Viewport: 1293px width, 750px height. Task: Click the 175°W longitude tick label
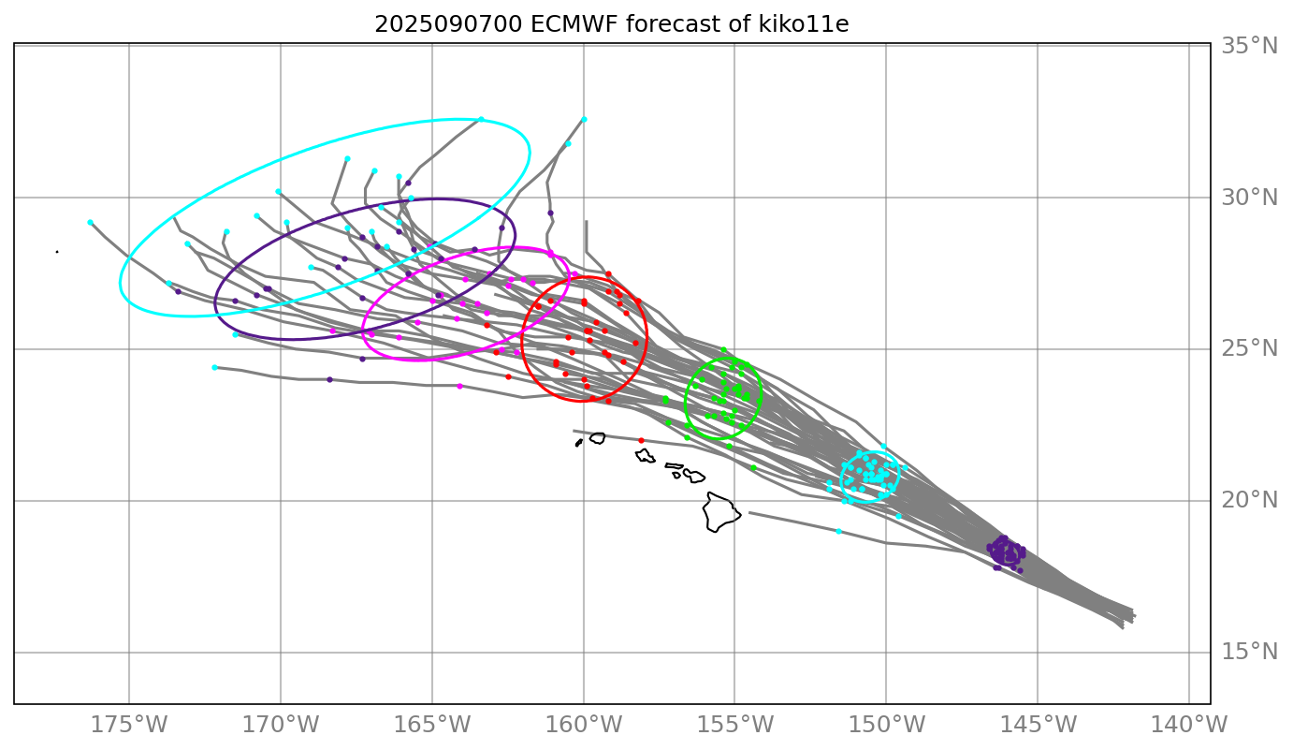128,725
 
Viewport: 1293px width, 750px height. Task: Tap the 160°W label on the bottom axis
583,725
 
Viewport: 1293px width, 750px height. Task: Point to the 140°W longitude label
1188,725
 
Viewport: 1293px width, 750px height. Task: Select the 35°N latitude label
1249,46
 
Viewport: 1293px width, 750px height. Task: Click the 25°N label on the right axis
1249,349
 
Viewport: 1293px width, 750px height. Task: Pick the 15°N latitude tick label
1249,652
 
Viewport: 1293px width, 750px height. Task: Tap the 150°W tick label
886,725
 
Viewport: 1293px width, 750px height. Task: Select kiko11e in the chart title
804,24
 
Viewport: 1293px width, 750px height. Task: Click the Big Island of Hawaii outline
720,512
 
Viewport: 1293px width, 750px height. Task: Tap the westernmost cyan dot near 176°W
90,222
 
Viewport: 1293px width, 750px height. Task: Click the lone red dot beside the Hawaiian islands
641,440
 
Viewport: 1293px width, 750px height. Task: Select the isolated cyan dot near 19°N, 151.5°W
838,531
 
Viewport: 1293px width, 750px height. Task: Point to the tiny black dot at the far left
57,252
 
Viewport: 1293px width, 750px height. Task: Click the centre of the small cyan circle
870,477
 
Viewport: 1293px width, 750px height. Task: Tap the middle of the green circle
723,398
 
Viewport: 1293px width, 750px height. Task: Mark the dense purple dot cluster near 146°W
1006,552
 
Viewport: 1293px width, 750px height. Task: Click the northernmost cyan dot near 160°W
584,119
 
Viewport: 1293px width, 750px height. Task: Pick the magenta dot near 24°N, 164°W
459,386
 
